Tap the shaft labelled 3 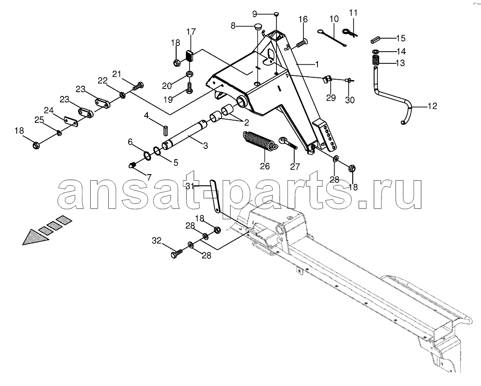[x=184, y=134]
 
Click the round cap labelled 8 [x=258, y=26]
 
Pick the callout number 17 [x=191, y=32]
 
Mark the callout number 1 [x=317, y=64]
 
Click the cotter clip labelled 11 [x=349, y=31]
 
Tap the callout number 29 [x=331, y=98]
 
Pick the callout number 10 [x=334, y=19]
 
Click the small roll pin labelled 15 [x=376, y=40]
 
